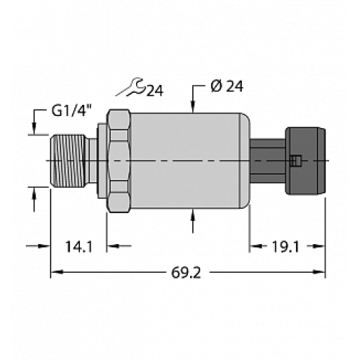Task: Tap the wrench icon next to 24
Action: [x=133, y=89]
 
